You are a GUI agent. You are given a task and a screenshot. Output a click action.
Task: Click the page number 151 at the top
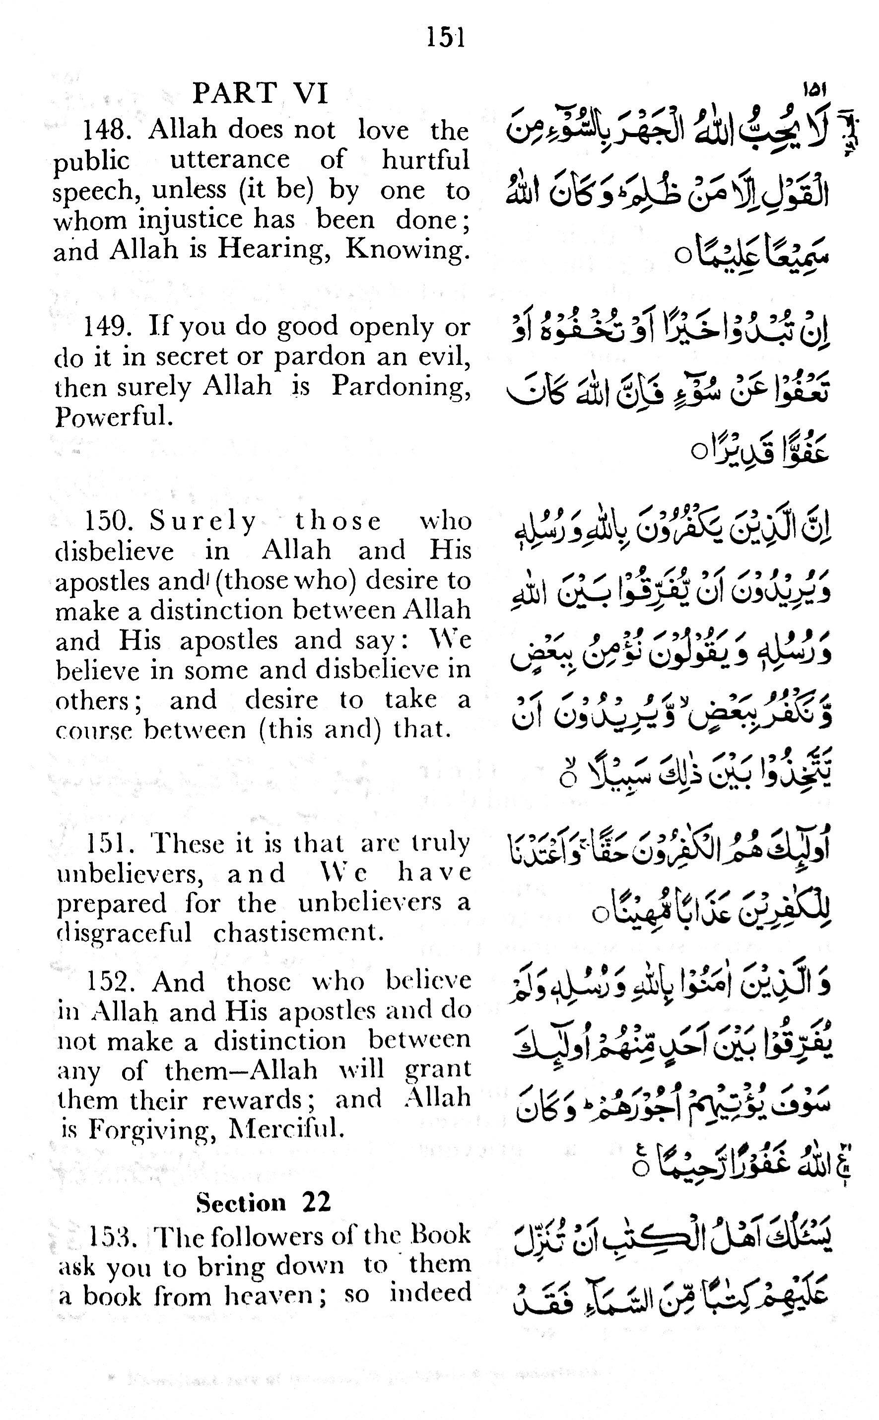pos(446,38)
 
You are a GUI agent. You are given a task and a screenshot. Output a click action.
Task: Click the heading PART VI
pos(261,93)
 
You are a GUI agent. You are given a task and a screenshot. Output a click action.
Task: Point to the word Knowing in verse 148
pos(407,250)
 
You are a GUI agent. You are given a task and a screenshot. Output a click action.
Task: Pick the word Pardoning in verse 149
pos(401,387)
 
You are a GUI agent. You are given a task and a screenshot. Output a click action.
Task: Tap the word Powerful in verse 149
pos(114,417)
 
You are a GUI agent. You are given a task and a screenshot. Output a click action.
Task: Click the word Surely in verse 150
pos(203,521)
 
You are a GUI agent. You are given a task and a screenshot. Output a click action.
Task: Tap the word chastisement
pos(299,933)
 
